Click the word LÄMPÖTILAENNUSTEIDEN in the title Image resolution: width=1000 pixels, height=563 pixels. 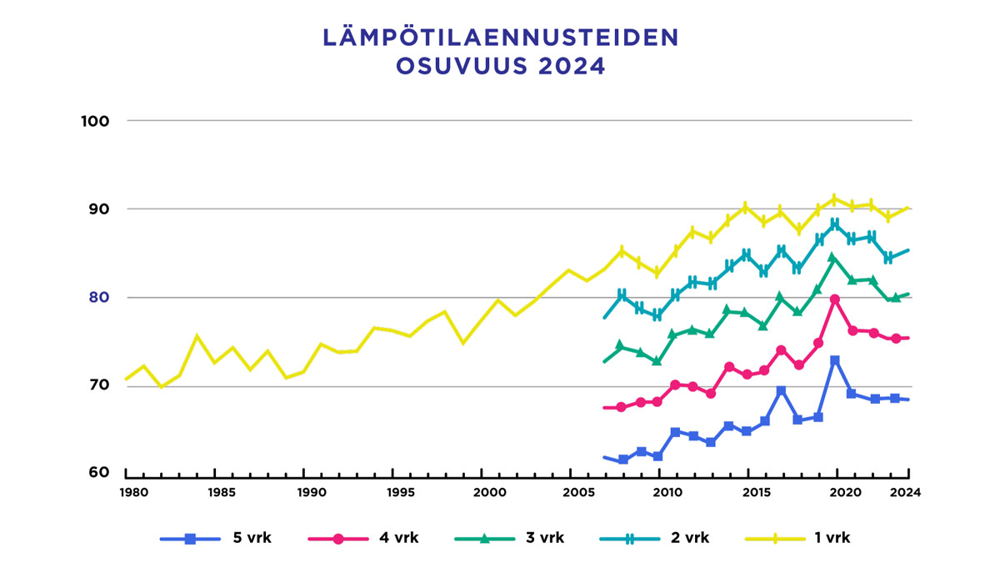pos(500,38)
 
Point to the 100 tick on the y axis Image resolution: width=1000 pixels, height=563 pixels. pos(96,121)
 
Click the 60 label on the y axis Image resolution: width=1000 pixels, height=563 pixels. pos(99,473)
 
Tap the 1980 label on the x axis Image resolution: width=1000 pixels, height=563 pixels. pos(134,492)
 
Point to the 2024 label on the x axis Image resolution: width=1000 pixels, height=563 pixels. pos(905,492)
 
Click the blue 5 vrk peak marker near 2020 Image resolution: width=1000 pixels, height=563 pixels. pos(835,360)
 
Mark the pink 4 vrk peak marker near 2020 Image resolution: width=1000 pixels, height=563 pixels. pos(835,299)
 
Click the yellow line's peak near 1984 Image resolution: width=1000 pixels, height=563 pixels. pos(197,336)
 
